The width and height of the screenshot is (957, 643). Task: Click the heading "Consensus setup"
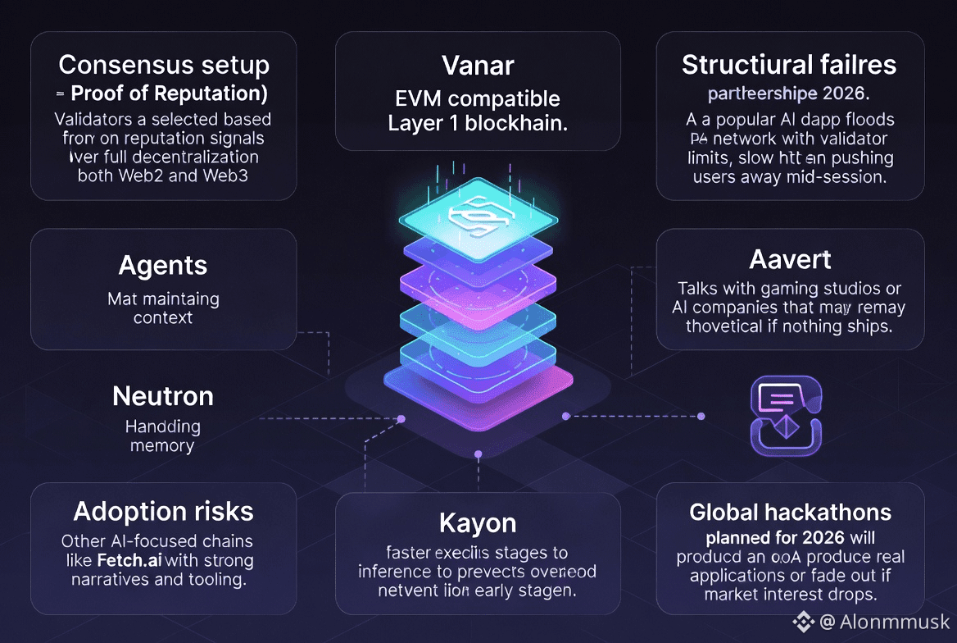163,65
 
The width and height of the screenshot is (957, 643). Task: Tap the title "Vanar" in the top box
478,65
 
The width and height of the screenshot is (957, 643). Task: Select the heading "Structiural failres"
789,65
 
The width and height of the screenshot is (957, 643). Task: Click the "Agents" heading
163,266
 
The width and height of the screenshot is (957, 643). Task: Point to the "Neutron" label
163,396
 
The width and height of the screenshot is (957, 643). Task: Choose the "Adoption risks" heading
163,512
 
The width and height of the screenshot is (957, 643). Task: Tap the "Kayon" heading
478,522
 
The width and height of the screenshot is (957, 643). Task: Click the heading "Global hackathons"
790,513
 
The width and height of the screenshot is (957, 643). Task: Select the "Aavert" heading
790,260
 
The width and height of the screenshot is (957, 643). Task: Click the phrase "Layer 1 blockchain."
478,125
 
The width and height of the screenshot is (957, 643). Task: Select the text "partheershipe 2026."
790,91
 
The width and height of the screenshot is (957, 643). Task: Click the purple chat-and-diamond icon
785,416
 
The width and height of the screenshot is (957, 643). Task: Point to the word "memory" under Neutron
162,446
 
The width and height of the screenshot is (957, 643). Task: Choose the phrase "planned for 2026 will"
790,538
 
